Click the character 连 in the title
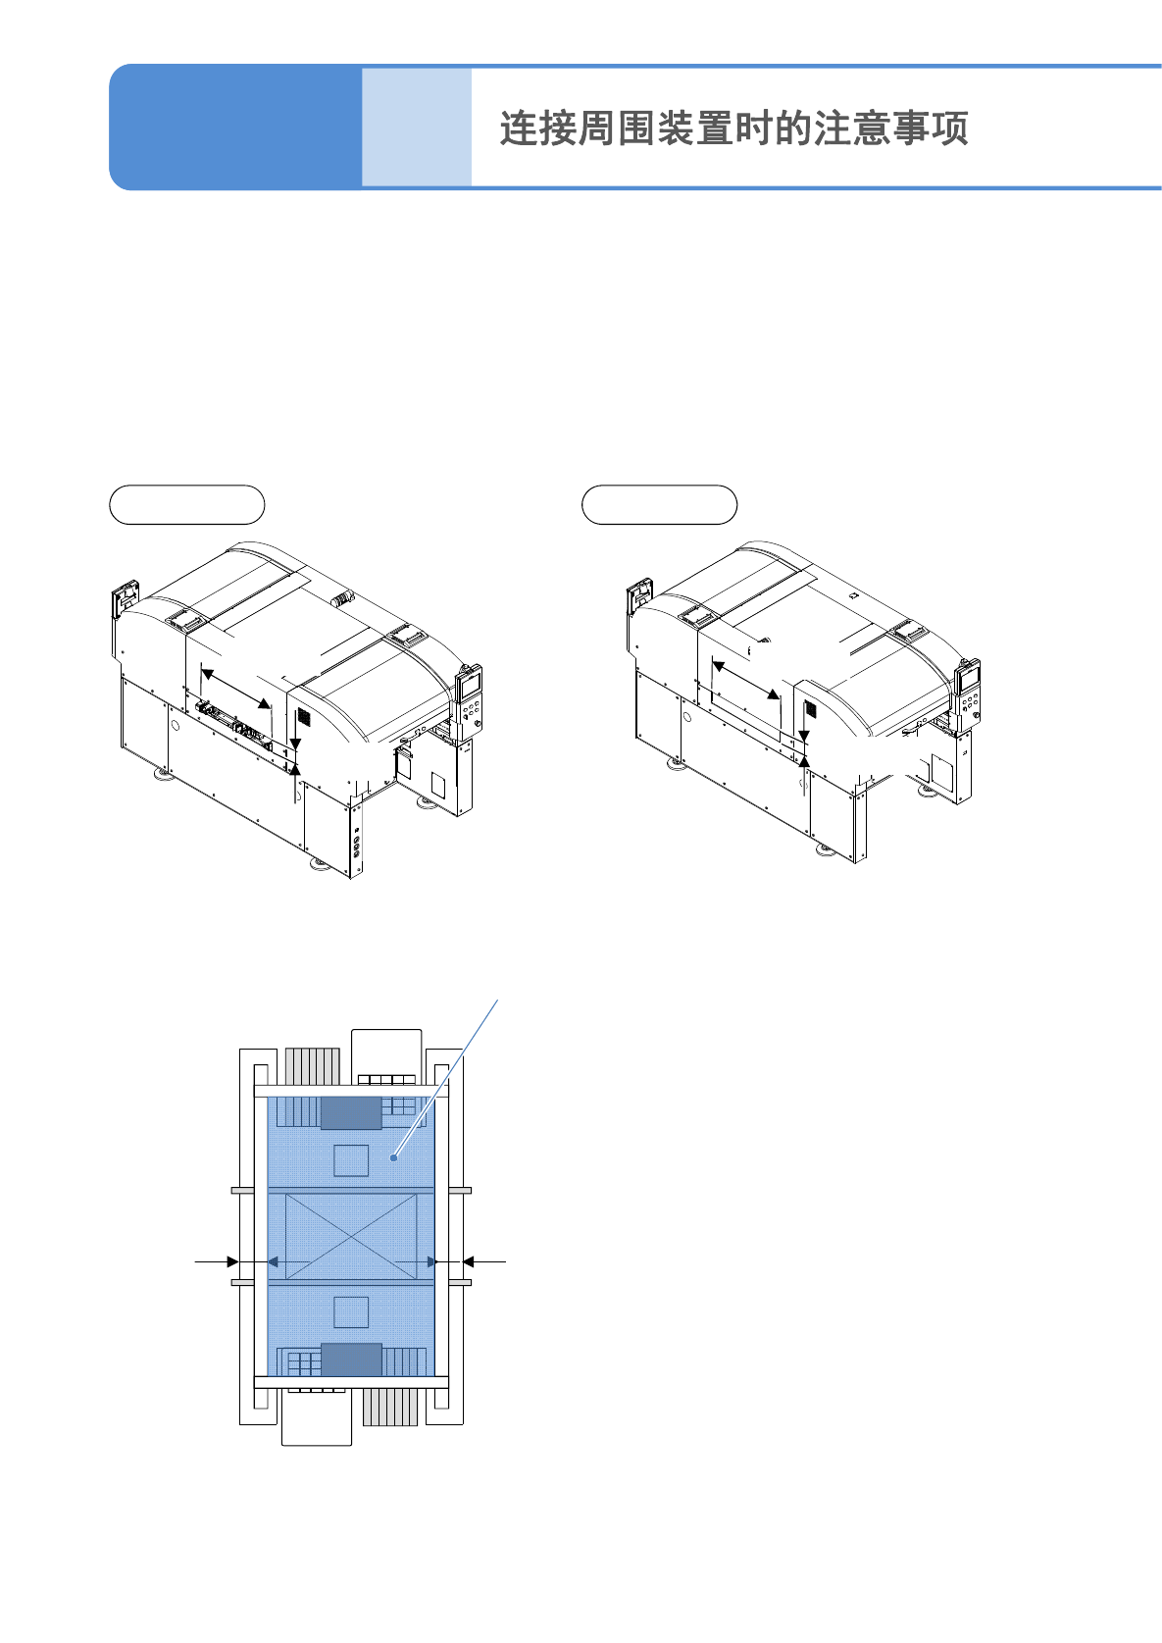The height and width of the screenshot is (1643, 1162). click(x=519, y=128)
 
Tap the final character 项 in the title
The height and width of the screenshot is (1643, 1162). click(x=950, y=128)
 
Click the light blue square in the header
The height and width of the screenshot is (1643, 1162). click(x=417, y=127)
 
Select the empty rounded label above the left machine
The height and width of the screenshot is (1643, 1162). click(x=187, y=504)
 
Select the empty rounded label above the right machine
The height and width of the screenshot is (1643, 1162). click(x=659, y=504)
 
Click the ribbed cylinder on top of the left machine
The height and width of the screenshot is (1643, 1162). click(x=342, y=597)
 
